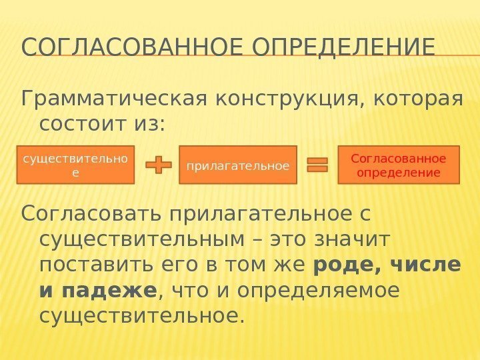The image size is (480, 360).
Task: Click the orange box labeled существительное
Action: click(x=77, y=165)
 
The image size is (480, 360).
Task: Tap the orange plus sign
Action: click(x=158, y=165)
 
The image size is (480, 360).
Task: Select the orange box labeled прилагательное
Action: click(x=238, y=165)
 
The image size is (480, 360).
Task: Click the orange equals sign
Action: click(x=317, y=165)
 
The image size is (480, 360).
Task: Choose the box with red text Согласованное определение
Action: click(x=399, y=165)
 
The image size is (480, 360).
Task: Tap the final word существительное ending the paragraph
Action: click(x=138, y=315)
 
